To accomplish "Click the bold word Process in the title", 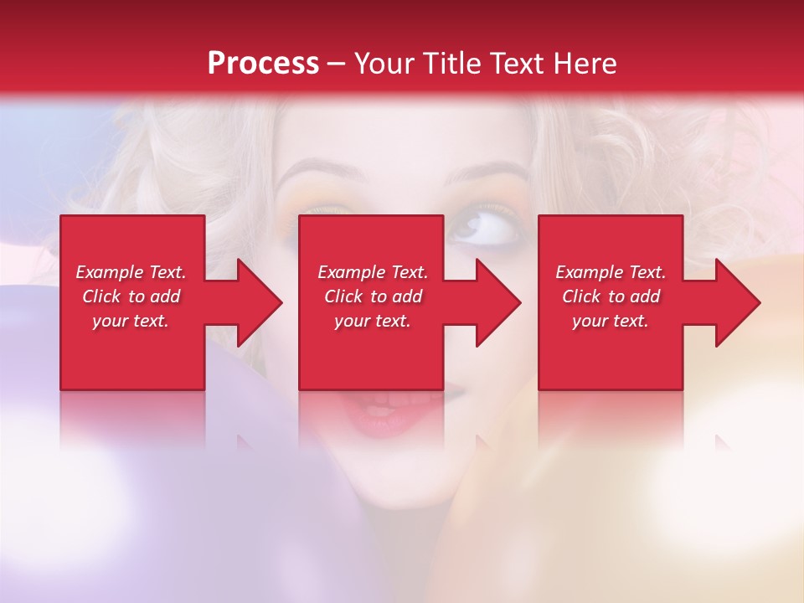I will (x=263, y=64).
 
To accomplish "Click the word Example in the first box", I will (x=110, y=272).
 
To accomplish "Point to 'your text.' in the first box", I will (x=131, y=321).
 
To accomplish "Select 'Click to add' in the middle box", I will (x=373, y=296).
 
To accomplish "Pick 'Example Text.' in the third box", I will (x=611, y=272).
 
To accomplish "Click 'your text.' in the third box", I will (x=611, y=321).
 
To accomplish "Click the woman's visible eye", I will (x=480, y=229).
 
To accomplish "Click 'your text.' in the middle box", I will (x=373, y=321).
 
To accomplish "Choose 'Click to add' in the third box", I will (x=611, y=296).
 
